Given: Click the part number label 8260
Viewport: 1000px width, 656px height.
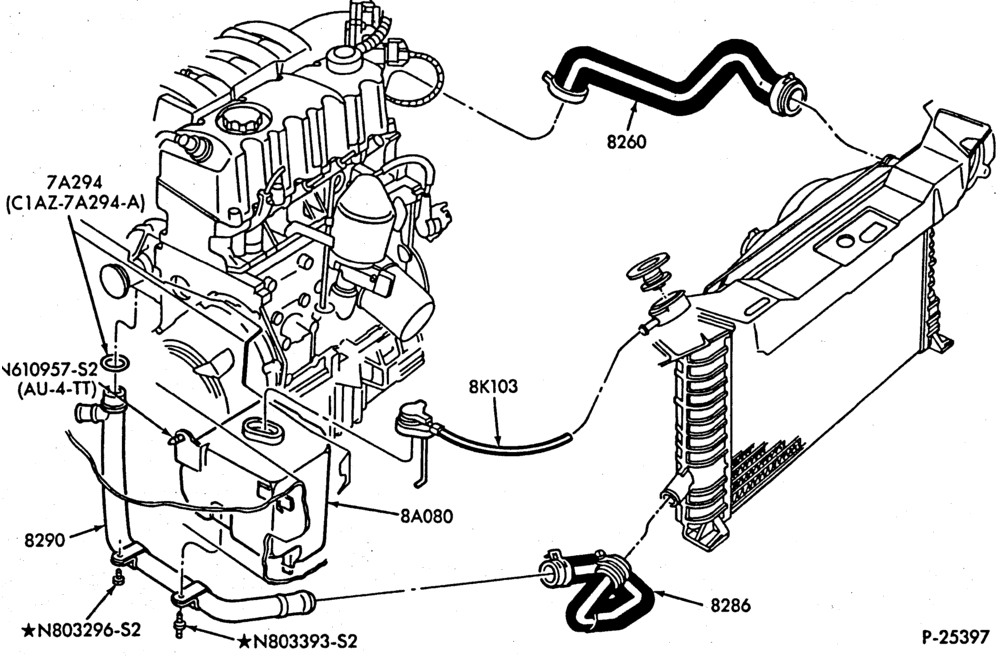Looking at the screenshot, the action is tap(626, 142).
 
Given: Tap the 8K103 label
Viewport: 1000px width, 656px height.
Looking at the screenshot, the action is tap(494, 387).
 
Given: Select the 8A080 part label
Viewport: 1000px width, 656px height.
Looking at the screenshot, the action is tap(427, 515).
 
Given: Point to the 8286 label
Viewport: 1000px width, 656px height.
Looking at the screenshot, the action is tap(731, 604).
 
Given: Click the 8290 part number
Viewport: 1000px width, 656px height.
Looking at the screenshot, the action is tap(45, 540).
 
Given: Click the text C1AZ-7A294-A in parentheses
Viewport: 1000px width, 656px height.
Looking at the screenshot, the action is tap(75, 203).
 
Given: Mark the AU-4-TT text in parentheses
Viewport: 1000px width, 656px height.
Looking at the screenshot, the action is tap(57, 388).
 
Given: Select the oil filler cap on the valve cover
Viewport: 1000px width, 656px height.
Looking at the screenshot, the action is tap(238, 120).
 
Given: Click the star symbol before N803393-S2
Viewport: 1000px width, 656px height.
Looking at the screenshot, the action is tap(244, 641).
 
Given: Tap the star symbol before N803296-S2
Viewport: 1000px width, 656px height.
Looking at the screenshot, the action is tap(29, 630).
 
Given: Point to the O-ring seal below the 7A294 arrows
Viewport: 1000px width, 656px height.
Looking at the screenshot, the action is tap(115, 364).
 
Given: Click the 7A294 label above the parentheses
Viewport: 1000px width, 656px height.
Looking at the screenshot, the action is tap(75, 184).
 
